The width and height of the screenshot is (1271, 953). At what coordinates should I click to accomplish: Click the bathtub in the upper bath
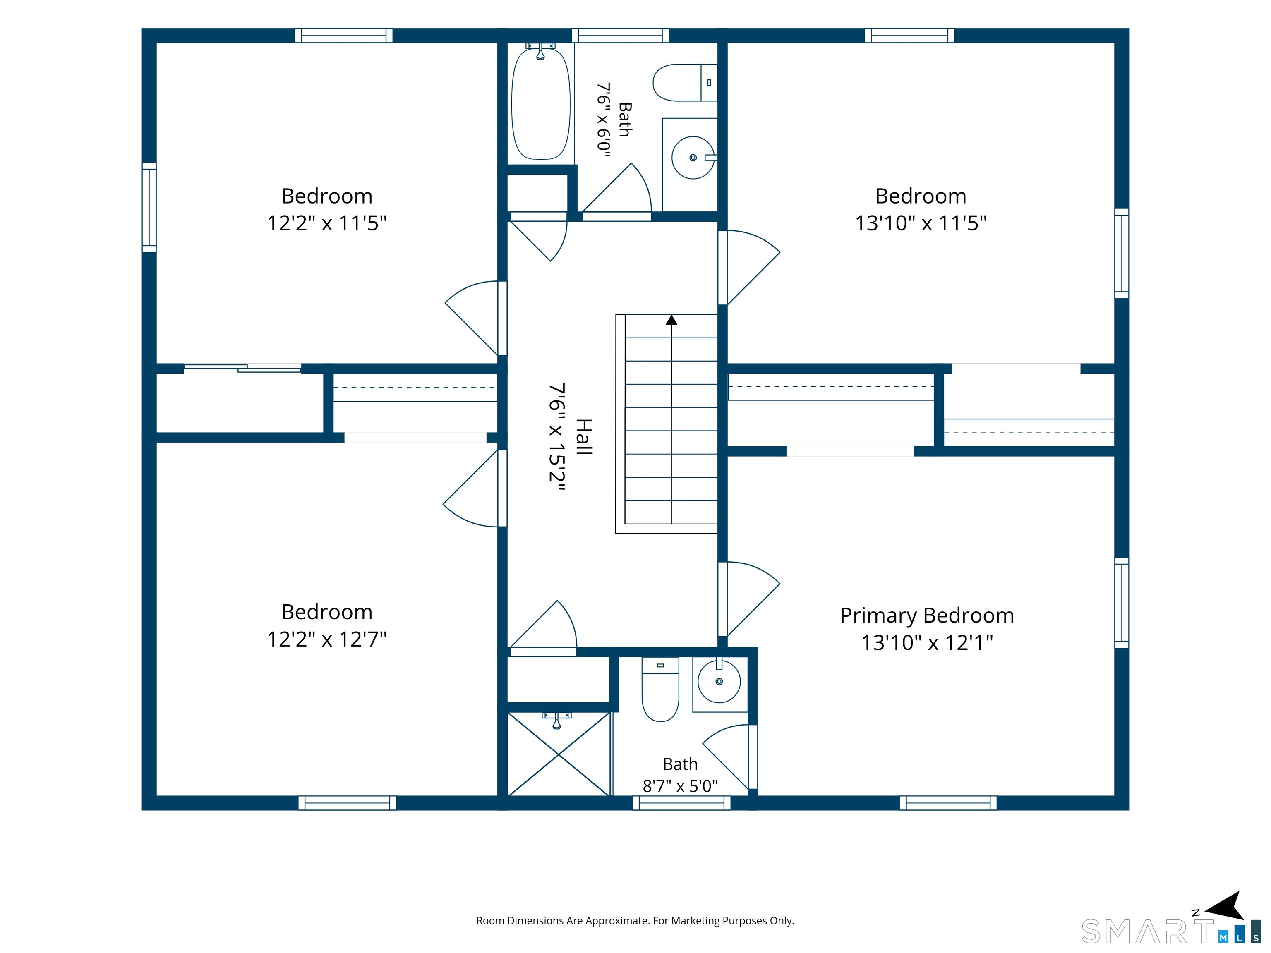coord(541,104)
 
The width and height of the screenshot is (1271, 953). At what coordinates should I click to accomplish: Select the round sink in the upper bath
coord(693,158)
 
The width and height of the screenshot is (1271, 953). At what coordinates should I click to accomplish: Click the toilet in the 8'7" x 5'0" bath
coord(660,690)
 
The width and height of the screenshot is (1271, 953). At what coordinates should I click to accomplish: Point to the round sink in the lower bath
coord(719,682)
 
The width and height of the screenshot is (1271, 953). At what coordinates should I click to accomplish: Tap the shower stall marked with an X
coord(559,754)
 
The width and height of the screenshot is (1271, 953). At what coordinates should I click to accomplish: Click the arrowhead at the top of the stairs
coord(671,320)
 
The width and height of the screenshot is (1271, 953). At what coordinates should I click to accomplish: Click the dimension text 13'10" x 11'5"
coord(921,223)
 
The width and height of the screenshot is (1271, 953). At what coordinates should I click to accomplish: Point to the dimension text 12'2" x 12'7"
coord(327,639)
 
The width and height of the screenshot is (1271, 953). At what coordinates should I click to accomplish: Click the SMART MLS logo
coord(1170,931)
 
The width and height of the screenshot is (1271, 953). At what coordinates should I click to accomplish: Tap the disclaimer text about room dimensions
coord(635,921)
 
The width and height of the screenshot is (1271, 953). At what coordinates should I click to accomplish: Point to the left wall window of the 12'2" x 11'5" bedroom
coord(149,207)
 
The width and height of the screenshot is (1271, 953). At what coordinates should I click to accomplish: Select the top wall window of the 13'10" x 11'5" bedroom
coord(909,36)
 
